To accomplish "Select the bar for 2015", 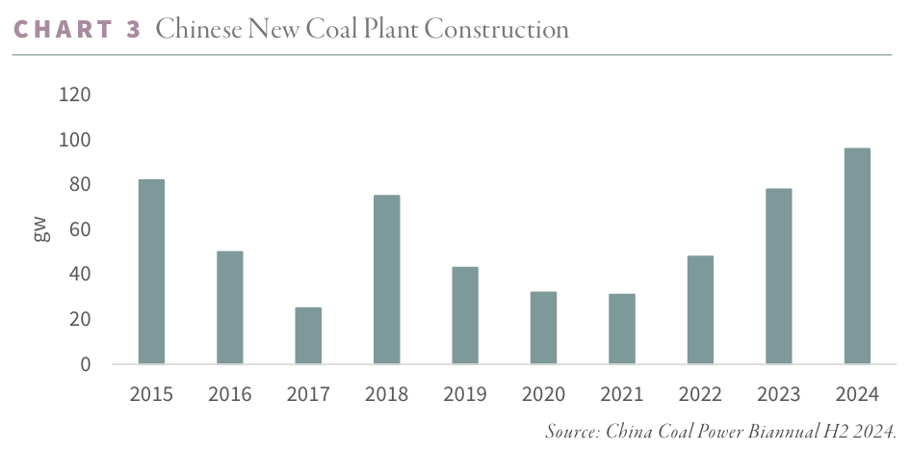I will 151,272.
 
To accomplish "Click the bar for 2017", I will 308,335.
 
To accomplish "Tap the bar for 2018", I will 386,280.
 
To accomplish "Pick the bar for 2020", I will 543,328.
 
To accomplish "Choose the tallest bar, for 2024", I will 857,255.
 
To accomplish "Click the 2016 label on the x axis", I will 229,394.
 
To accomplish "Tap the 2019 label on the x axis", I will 465,394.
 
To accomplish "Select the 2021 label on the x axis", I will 622,394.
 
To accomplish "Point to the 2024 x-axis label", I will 857,394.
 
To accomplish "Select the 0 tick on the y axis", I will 86,364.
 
